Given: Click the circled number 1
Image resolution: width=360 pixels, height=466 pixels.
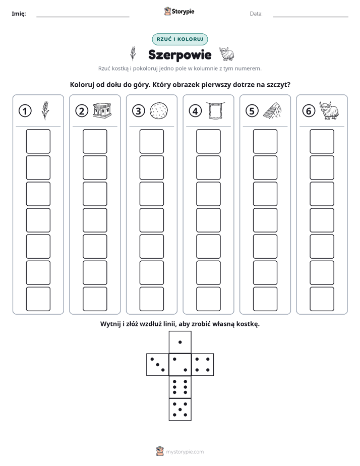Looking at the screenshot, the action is [25, 111].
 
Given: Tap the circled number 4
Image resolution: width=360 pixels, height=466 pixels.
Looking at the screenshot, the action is [195, 111].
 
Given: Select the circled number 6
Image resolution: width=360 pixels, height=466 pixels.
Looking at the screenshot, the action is [309, 111].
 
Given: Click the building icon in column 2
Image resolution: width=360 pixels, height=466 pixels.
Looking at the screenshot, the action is [102, 110].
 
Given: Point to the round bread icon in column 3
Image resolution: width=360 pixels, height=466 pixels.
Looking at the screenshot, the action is [159, 110].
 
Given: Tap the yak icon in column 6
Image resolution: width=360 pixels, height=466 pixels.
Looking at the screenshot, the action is [329, 110].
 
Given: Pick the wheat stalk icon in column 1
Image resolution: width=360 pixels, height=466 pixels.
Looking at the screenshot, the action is [45, 110].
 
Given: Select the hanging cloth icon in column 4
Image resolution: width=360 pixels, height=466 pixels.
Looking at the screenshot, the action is [215, 110].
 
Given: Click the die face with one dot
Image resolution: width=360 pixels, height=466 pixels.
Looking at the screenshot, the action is [180, 342].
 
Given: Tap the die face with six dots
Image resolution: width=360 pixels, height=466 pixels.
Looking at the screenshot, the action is [180, 387].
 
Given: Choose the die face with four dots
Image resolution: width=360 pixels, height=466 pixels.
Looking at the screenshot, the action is [203, 365].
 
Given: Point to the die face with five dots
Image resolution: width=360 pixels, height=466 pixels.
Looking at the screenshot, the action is [180, 410].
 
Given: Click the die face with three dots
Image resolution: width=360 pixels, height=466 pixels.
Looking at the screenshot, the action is [158, 365].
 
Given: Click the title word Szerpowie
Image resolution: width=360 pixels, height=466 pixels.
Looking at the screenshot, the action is [179, 54].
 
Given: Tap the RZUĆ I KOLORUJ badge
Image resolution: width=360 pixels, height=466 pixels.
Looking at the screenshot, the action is [179, 39].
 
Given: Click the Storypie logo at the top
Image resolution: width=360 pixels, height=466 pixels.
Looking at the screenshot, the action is [179, 12].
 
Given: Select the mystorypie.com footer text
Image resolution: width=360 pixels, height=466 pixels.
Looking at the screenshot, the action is [185, 452].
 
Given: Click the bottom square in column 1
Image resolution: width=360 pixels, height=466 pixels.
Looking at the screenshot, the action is [38, 299].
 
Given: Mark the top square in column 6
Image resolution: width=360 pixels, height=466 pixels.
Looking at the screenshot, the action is [322, 141].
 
